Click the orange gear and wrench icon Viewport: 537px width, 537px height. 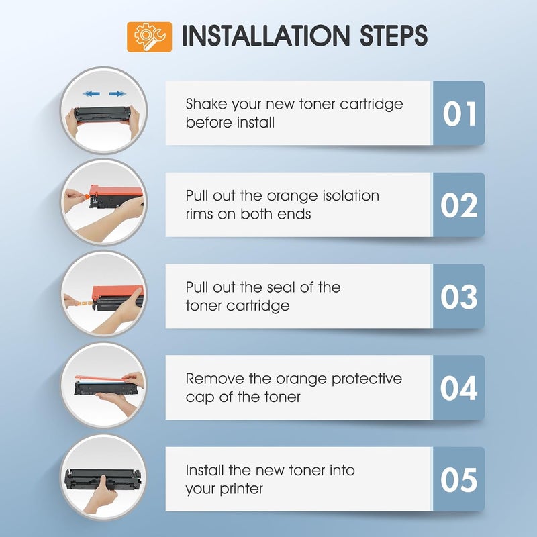[149, 37]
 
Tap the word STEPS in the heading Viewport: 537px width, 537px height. [394, 36]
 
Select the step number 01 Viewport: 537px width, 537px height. [459, 113]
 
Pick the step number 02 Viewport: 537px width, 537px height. [459, 205]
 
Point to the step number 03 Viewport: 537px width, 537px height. [459, 297]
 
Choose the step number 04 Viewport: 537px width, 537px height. [459, 388]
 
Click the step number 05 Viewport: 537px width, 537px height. [459, 479]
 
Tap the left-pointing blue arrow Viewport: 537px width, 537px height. [91, 93]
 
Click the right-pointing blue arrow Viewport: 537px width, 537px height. [117, 93]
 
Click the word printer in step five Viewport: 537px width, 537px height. [241, 489]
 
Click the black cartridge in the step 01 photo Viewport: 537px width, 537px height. [103, 114]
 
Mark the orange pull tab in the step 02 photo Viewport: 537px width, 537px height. [87, 197]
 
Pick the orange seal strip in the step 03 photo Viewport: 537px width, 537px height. [84, 302]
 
